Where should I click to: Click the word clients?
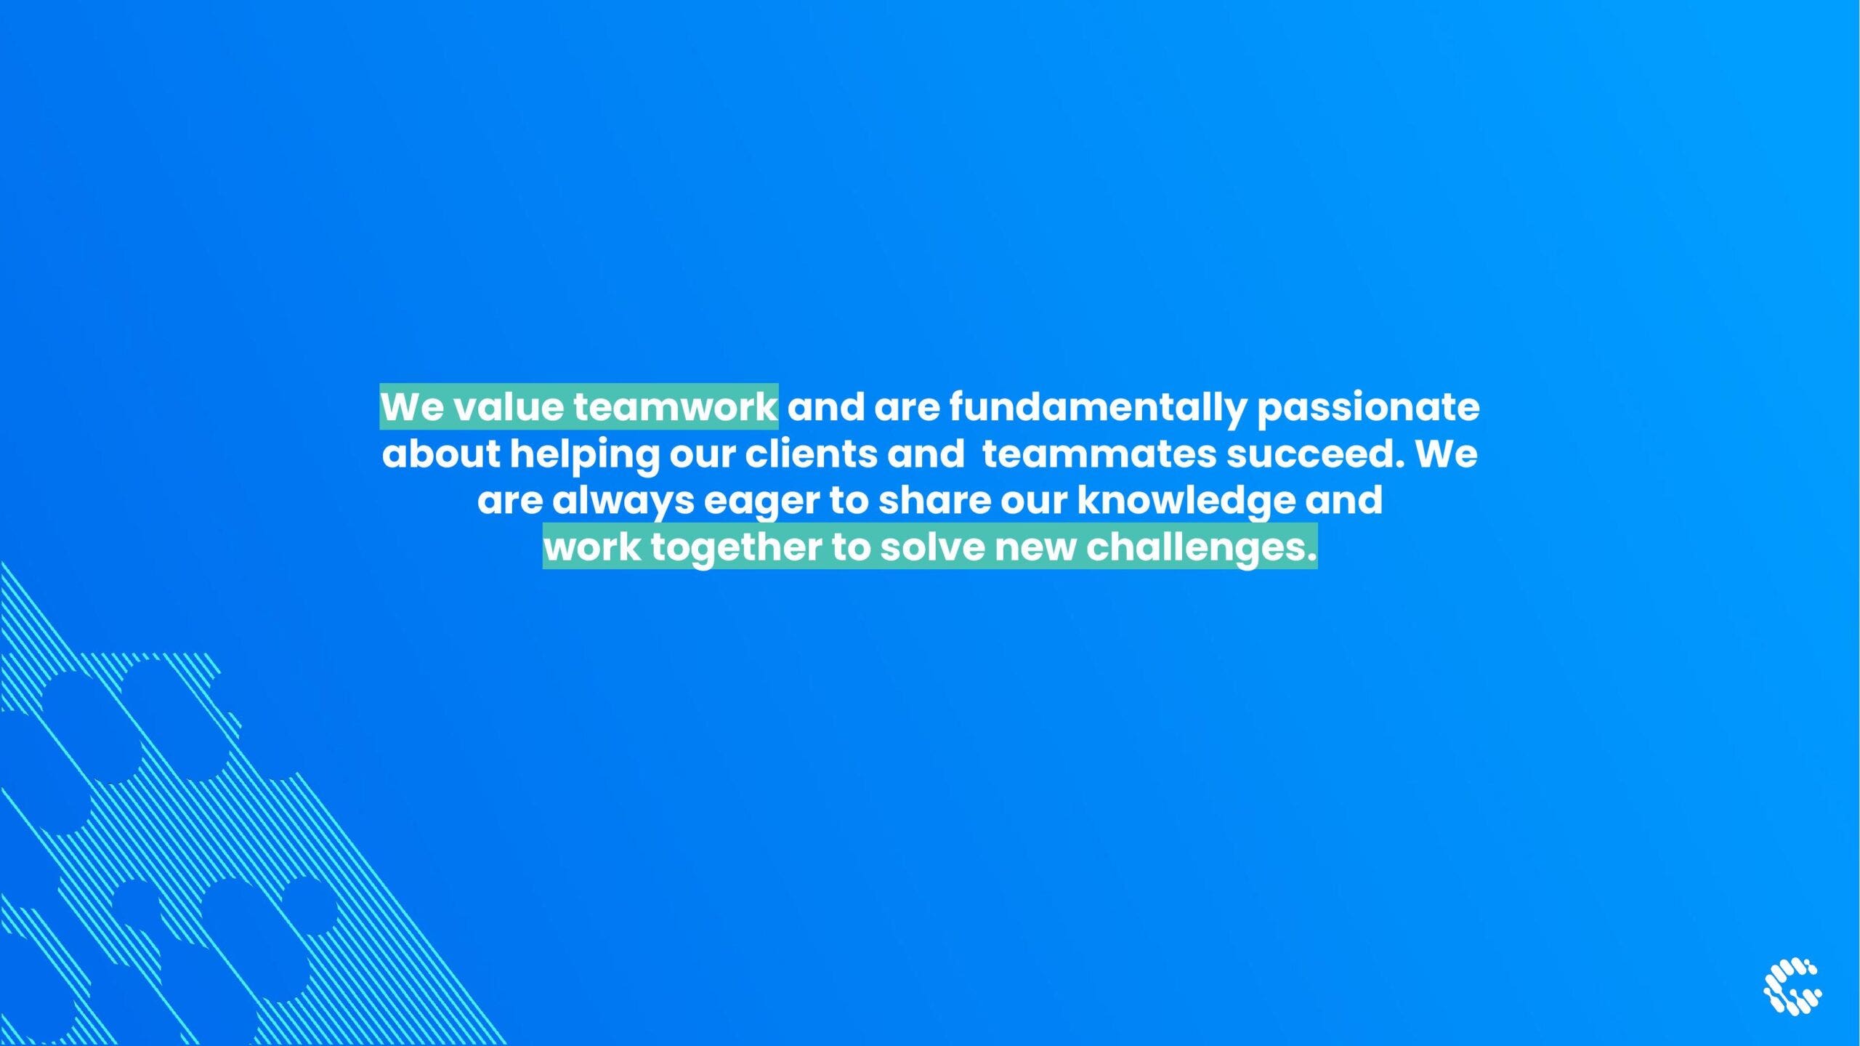(x=811, y=454)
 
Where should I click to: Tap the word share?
(x=934, y=501)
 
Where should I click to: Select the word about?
(x=441, y=454)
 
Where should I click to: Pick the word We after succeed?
(x=1446, y=454)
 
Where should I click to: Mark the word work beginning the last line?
(x=593, y=548)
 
